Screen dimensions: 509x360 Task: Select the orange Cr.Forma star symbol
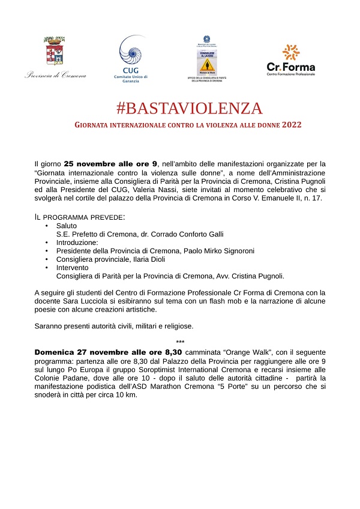pos(291,52)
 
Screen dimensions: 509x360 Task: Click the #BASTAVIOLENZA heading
pos(190,109)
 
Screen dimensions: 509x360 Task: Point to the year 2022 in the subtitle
pos(291,125)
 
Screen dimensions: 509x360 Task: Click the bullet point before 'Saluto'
pos(47,226)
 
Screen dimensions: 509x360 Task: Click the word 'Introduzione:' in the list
pos(77,242)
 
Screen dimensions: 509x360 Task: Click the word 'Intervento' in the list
pos(72,268)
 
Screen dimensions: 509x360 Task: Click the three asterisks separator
pos(180,343)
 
